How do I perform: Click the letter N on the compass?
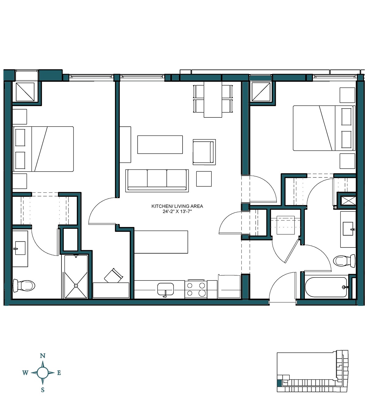coord(43,356)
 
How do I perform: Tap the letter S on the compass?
coord(43,390)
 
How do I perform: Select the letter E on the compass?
coord(59,373)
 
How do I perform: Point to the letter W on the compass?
coord(25,373)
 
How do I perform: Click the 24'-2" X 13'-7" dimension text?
coord(177,211)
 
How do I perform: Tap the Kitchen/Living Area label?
coord(177,206)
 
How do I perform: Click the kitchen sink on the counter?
coord(165,289)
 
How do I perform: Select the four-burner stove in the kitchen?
coord(196,289)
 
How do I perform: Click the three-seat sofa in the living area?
coord(157,180)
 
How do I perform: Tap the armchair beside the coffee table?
coord(204,152)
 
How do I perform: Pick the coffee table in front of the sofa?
coord(160,145)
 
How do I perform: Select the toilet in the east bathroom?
coord(344,261)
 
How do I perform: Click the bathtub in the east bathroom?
coord(326,287)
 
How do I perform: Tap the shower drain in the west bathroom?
coord(76,285)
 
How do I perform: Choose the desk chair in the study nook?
coord(114,276)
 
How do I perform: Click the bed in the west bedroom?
coord(43,149)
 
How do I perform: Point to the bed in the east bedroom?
coord(324,128)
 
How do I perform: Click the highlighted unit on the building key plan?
coord(279,384)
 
